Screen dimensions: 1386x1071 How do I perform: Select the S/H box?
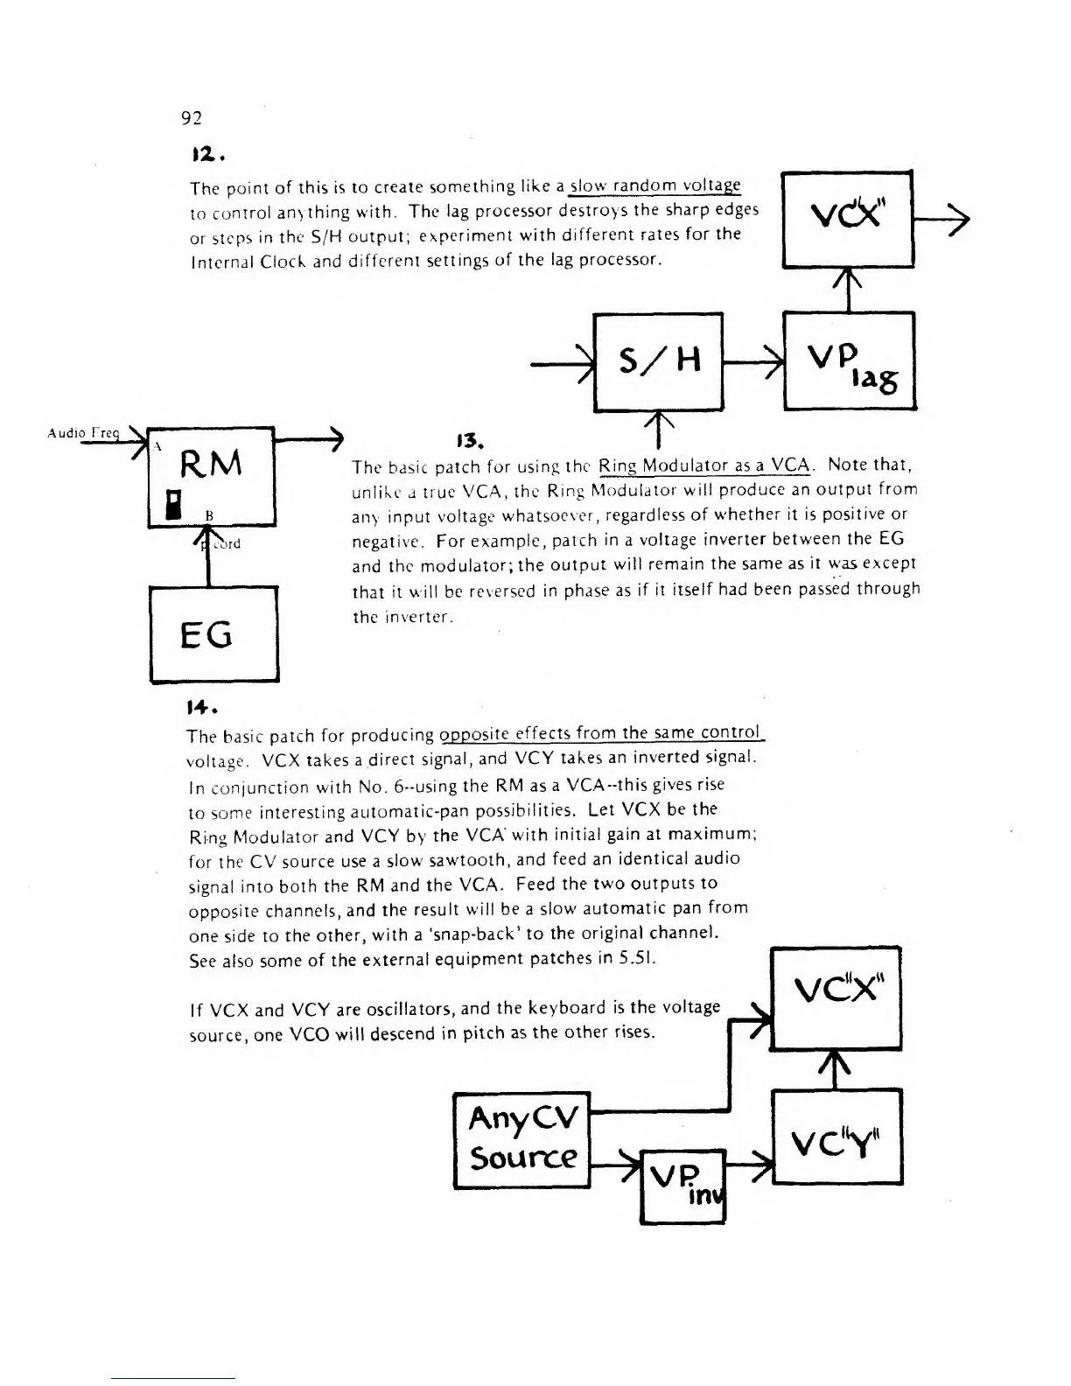click(658, 361)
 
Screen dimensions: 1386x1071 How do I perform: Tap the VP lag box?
click(849, 360)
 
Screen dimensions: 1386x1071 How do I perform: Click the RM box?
click(212, 476)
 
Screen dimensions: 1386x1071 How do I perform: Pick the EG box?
click(213, 633)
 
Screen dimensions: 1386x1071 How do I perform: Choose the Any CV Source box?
click(522, 1139)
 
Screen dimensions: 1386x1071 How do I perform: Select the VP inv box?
click(683, 1186)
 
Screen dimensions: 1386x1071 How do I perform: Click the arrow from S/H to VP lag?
click(753, 360)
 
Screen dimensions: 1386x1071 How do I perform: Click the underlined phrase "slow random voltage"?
click(655, 186)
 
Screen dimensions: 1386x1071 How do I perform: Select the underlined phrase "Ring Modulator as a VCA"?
click(706, 464)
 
